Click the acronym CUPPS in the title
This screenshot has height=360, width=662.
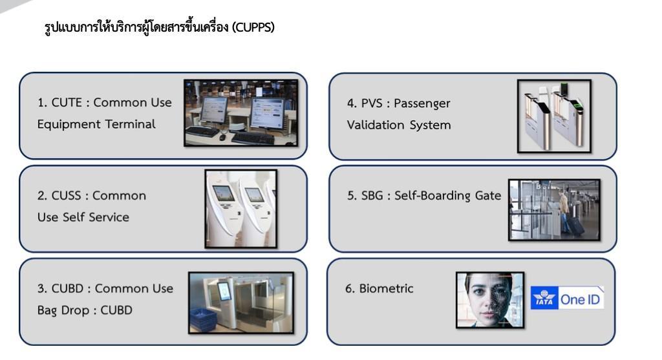[x=253, y=27]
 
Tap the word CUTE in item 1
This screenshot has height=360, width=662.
[x=67, y=103]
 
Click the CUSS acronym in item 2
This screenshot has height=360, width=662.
[x=67, y=196]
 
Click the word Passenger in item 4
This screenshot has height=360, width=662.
[x=422, y=104]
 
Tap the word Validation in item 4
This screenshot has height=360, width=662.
[x=376, y=125]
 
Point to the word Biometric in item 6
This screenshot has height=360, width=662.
[x=386, y=289]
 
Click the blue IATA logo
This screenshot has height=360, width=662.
[x=544, y=297]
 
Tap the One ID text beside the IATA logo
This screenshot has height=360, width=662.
[x=580, y=300]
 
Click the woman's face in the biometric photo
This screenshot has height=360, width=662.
[x=489, y=295]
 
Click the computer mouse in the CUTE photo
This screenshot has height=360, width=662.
[x=222, y=136]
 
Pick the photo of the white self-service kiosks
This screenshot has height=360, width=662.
[x=241, y=209]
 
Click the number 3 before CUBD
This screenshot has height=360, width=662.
[x=41, y=289]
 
